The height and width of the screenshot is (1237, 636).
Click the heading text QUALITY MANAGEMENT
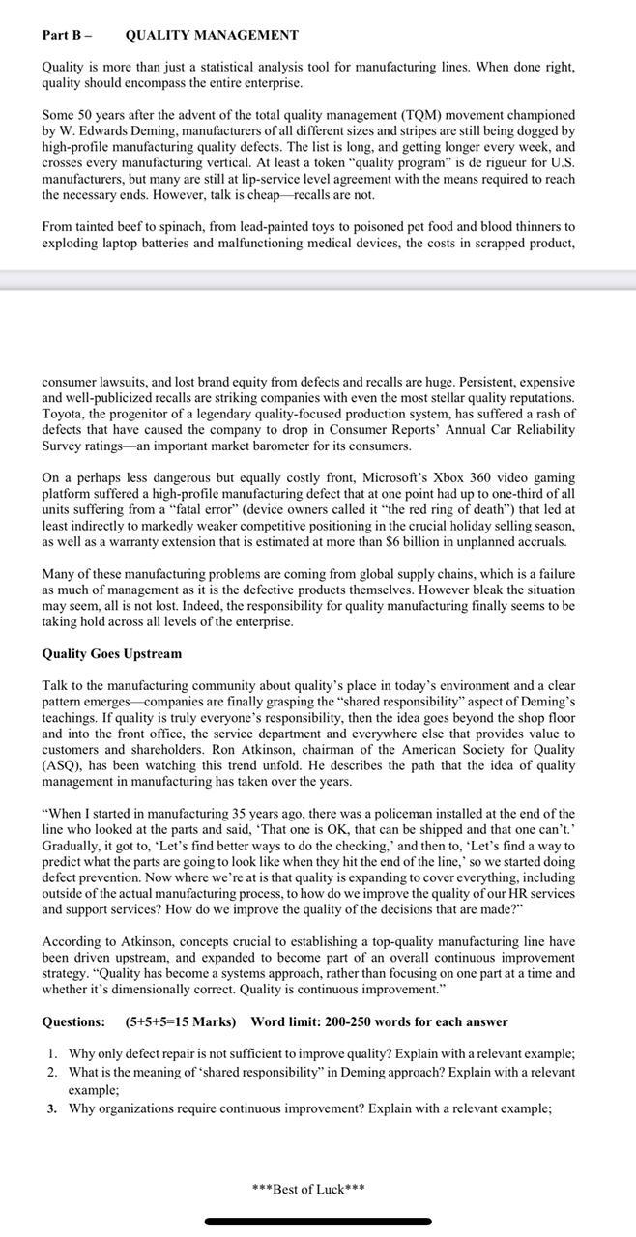212,35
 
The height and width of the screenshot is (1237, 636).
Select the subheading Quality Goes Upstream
111,654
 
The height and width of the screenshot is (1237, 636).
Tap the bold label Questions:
73,1021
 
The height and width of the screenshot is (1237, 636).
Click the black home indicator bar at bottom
318,1222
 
